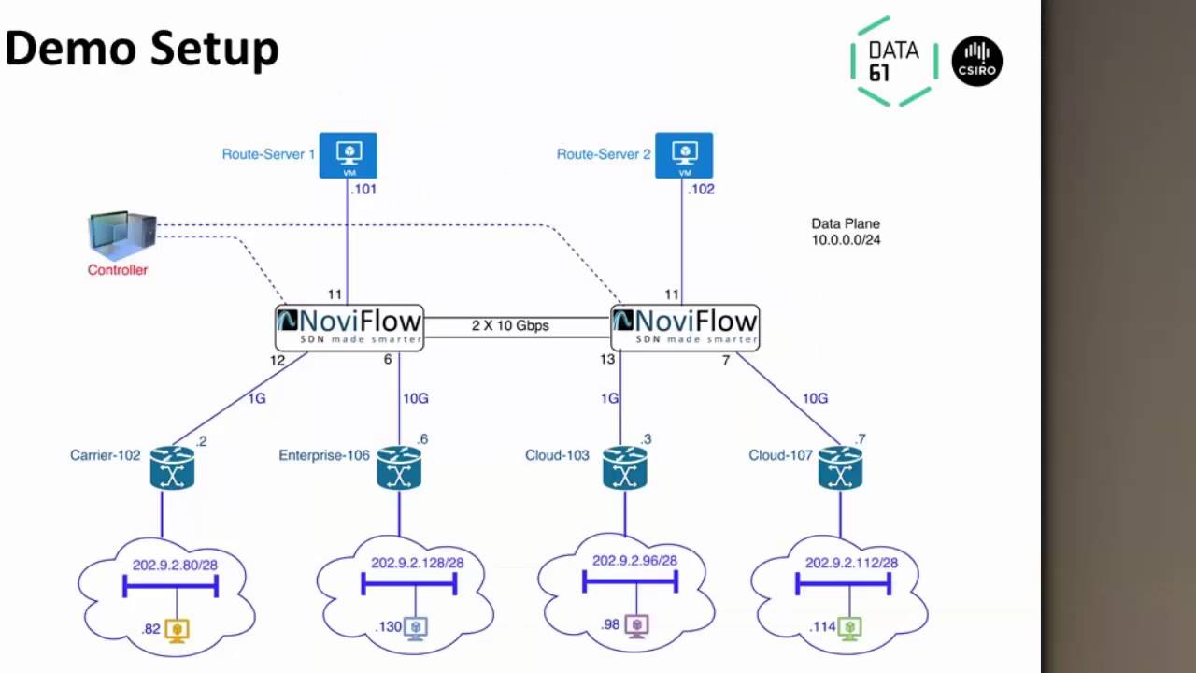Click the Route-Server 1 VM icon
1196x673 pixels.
tap(349, 155)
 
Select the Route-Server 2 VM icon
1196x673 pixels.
tap(684, 155)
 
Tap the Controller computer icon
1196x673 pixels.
tap(122, 235)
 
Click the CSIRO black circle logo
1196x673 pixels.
tap(976, 61)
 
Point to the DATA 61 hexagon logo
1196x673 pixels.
tap(894, 62)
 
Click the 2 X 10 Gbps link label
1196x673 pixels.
tap(510, 325)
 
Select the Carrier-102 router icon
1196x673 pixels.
tap(172, 468)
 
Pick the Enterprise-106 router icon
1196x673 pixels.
tap(399, 468)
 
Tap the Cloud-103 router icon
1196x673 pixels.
tap(625, 468)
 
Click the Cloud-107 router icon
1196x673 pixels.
tap(840, 468)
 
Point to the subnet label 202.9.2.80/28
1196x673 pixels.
tap(175, 565)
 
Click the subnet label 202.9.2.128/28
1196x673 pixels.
tap(418, 563)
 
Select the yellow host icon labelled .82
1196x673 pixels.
tap(177, 630)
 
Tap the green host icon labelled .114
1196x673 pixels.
tap(849, 628)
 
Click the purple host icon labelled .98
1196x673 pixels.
tap(636, 626)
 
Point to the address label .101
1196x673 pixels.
tap(363, 189)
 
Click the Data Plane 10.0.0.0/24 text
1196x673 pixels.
tap(846, 232)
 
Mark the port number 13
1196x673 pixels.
tap(607, 359)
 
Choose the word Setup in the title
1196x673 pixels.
tap(214, 50)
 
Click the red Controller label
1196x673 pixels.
tap(118, 270)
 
